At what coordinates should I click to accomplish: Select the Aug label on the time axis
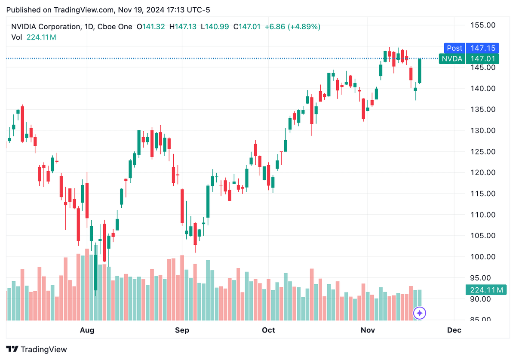(x=87, y=330)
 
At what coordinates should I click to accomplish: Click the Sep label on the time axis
(x=182, y=330)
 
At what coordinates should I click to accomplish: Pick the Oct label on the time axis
(x=268, y=330)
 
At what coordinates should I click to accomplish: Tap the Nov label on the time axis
(x=368, y=330)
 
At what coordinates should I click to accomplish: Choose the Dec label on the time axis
(x=454, y=330)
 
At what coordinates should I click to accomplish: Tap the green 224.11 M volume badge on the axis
(x=486, y=290)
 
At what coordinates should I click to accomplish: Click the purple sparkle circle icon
(x=420, y=313)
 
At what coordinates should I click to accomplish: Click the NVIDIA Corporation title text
(x=45, y=27)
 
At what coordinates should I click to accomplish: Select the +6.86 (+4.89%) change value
(x=292, y=27)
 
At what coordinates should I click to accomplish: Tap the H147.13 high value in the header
(x=183, y=27)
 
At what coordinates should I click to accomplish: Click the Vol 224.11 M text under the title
(x=34, y=37)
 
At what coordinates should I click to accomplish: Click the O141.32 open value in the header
(x=150, y=27)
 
